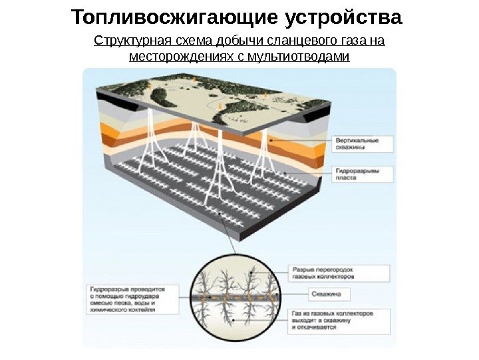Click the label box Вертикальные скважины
point(362,145)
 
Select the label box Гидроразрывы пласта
point(362,175)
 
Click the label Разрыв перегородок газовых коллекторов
point(339,273)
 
